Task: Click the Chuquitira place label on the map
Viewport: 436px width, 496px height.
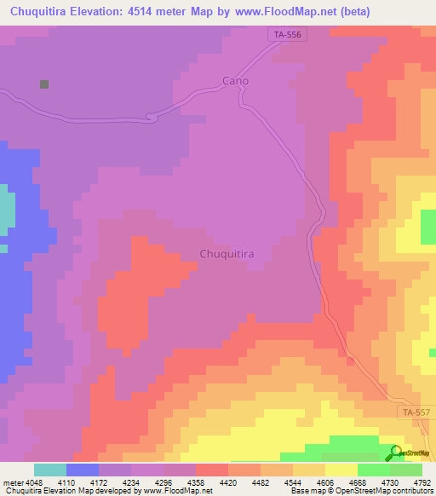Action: click(227, 254)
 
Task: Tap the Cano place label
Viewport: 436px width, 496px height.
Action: click(235, 80)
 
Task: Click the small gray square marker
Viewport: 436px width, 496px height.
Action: click(43, 84)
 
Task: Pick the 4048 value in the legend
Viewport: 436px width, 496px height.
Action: click(27, 482)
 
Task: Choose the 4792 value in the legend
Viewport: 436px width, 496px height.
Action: click(422, 482)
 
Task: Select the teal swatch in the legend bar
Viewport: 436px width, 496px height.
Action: click(50, 470)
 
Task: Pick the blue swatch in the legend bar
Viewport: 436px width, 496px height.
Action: click(83, 470)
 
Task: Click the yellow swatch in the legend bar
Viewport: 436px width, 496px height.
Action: click(341, 470)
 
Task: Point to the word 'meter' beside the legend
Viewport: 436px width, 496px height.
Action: click(11, 482)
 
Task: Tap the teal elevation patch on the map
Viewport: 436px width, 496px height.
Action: click(7, 209)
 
